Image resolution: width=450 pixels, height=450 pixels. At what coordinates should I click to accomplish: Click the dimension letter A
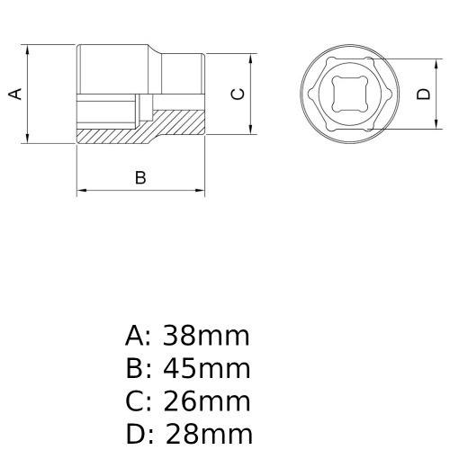click(x=14, y=93)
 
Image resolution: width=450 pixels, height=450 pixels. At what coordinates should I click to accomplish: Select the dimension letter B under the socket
click(x=140, y=177)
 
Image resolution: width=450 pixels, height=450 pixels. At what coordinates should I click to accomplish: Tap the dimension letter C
click(x=237, y=93)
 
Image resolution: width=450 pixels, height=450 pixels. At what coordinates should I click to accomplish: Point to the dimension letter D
click(x=422, y=93)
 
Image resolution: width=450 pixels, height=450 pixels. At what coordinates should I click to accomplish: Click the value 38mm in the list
click(x=205, y=337)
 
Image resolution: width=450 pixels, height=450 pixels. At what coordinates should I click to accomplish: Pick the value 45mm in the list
click(x=205, y=369)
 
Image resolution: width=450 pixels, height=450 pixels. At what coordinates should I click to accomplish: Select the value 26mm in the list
click(x=205, y=402)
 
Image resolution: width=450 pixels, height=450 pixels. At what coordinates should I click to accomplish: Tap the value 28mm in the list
click(x=205, y=435)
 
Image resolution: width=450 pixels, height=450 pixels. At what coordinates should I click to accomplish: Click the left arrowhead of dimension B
click(x=81, y=191)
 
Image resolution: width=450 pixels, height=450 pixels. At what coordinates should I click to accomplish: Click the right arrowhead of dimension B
click(x=202, y=191)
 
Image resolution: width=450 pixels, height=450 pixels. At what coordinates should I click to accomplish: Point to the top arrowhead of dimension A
click(x=30, y=49)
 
